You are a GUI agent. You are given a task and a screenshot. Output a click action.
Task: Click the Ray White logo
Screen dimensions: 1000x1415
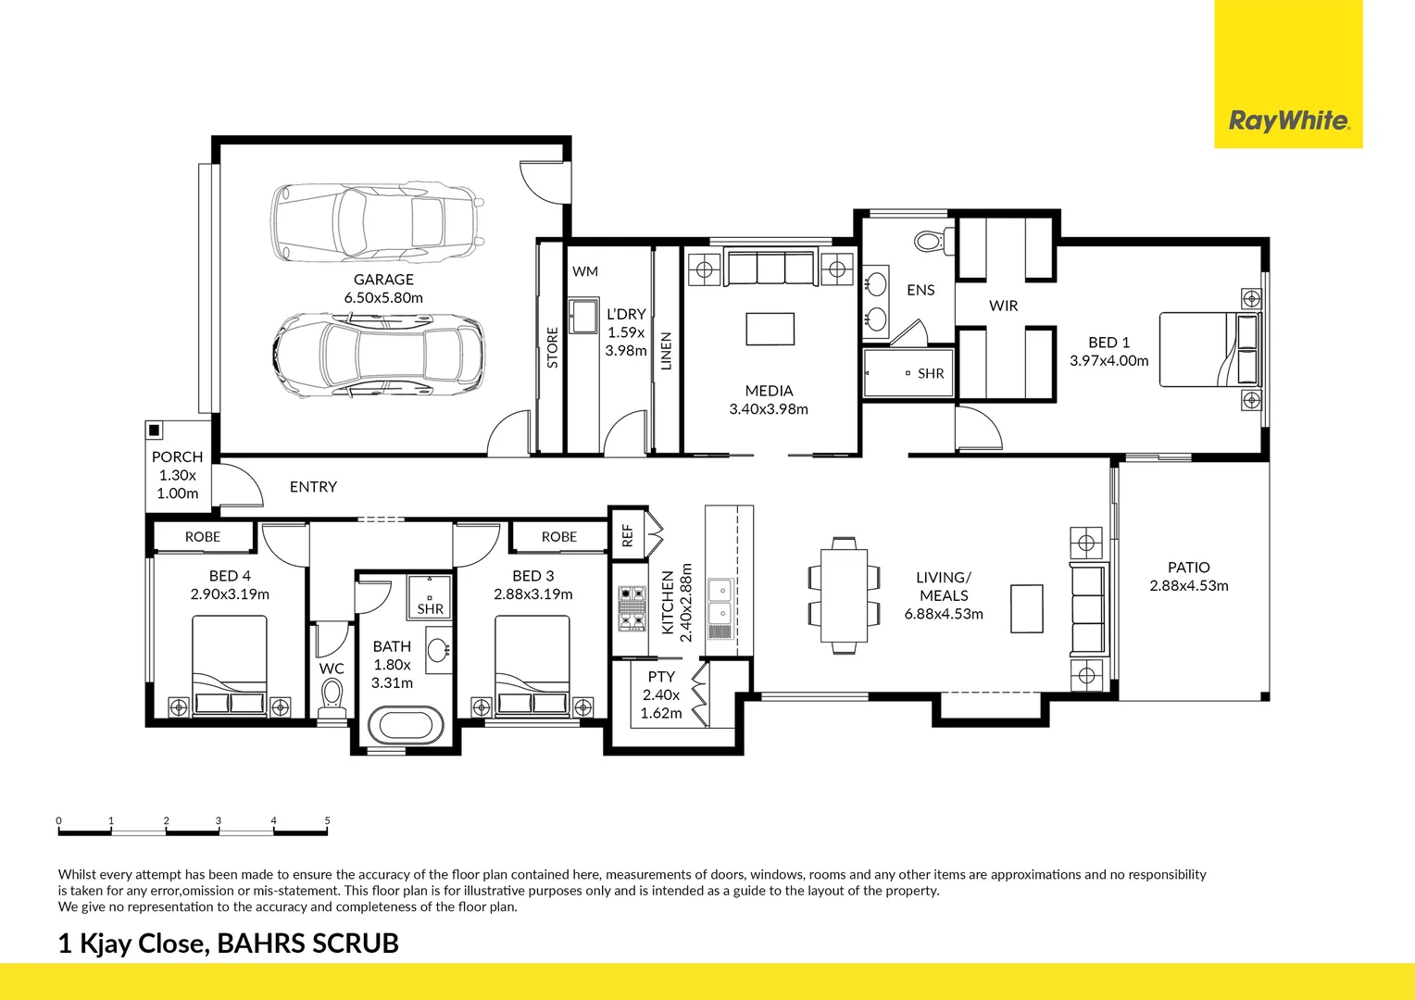click(1288, 120)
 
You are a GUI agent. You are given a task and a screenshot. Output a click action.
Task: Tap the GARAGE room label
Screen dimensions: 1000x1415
click(383, 280)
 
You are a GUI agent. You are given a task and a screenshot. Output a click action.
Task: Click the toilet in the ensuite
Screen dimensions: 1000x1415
click(930, 242)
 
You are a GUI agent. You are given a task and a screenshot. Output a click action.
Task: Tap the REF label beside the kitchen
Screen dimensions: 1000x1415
click(627, 535)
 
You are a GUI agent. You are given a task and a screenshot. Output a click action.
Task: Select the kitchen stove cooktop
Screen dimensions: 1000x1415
click(632, 608)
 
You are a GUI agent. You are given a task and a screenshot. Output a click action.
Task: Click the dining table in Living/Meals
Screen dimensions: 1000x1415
click(844, 595)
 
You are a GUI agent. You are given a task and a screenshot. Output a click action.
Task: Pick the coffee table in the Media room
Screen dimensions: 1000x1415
click(770, 329)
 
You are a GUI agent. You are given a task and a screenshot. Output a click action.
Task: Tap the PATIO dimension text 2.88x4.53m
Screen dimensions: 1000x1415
click(1188, 586)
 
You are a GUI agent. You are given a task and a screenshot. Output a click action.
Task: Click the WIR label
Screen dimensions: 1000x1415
click(1003, 306)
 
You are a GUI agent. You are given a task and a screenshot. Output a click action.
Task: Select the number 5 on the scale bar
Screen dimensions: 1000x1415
click(327, 820)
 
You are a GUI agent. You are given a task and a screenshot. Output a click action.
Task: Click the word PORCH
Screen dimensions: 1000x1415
click(177, 457)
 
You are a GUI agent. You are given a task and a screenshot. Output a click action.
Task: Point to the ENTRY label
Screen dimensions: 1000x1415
click(313, 487)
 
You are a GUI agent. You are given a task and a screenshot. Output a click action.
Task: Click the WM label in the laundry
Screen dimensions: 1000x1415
click(585, 271)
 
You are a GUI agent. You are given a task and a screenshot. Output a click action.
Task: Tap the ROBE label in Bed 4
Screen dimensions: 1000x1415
click(203, 537)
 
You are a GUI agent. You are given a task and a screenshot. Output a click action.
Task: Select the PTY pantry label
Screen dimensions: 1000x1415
click(661, 677)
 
